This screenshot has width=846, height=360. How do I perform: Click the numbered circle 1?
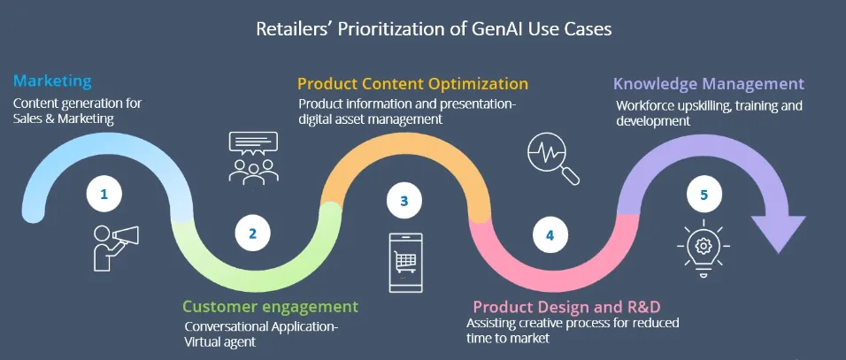coord(104,194)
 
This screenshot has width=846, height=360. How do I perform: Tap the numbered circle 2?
coord(252,234)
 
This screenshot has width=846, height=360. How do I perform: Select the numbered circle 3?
coord(404,201)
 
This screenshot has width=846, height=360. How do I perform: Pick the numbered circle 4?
coord(550,235)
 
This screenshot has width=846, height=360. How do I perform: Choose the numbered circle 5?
coord(704,195)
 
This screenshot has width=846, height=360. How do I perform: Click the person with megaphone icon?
coord(115,247)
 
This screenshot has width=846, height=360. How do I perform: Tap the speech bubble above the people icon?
coord(254,142)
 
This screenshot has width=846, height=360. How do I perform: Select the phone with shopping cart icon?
coord(405,262)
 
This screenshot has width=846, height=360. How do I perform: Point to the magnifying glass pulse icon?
coord(552,158)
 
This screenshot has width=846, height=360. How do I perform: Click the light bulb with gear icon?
coord(703,249)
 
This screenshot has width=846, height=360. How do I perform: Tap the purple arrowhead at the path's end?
coord(778,232)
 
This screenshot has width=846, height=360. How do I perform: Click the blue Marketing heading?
coord(52,81)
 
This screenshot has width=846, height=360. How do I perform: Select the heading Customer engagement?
coord(270,307)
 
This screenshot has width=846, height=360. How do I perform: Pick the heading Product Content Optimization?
coord(412,83)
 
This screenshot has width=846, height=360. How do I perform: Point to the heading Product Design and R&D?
coord(567,307)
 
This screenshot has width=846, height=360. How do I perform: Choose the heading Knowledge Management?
coord(709,84)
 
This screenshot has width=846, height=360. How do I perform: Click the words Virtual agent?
coord(220,341)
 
